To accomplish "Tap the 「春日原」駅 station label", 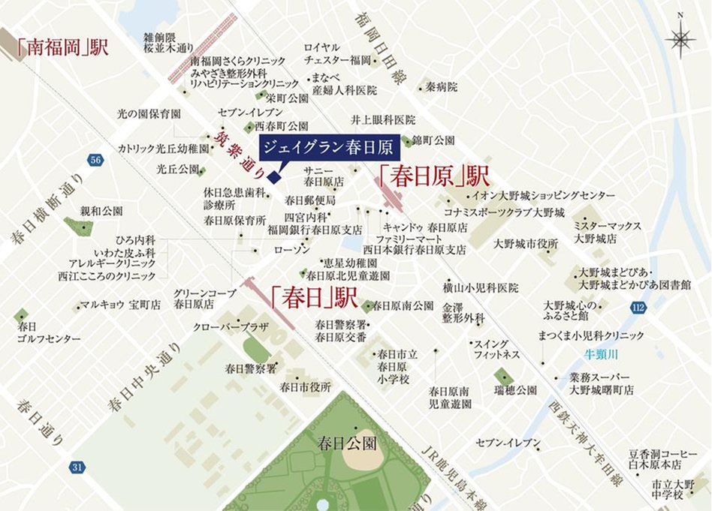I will (x=433, y=177).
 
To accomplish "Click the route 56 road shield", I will (x=95, y=161).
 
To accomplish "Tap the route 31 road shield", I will (x=77, y=467).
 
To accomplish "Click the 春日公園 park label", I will (x=346, y=443).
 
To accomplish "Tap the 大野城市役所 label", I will (x=526, y=244).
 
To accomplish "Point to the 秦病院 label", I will (x=442, y=87).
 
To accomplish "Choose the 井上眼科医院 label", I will (x=383, y=119).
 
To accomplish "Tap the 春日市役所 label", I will (x=305, y=387).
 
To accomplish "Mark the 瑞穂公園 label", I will (x=515, y=390).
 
